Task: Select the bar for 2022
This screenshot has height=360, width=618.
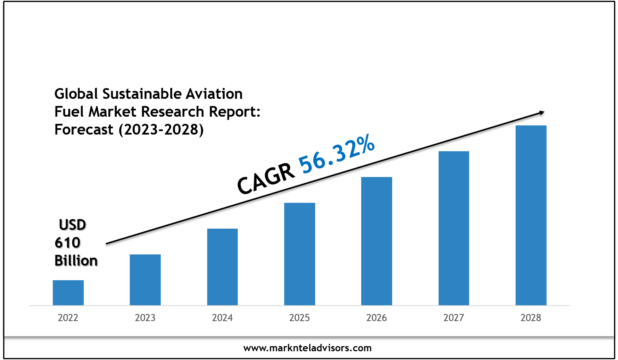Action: click(68, 293)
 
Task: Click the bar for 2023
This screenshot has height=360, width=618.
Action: click(145, 280)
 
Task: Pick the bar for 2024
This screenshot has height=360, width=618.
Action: click(222, 267)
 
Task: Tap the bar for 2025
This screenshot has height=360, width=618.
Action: click(300, 254)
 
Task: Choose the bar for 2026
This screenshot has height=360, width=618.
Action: click(377, 241)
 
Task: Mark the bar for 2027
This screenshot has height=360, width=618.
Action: click(454, 228)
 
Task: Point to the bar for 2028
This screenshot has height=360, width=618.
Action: click(531, 215)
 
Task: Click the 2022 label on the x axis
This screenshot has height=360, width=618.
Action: click(68, 318)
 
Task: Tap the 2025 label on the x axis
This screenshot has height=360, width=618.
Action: click(300, 318)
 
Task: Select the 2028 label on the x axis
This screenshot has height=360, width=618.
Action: click(531, 318)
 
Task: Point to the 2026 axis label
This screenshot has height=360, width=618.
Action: click(377, 318)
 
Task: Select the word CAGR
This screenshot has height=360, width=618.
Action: click(266, 179)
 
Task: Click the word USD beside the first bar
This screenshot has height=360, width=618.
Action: click(72, 225)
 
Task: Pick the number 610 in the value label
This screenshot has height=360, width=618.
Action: click(67, 243)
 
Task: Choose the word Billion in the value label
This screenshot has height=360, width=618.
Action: click(76, 261)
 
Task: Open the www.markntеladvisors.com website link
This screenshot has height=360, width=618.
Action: click(308, 348)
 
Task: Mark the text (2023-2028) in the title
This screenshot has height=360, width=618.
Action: click(161, 130)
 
